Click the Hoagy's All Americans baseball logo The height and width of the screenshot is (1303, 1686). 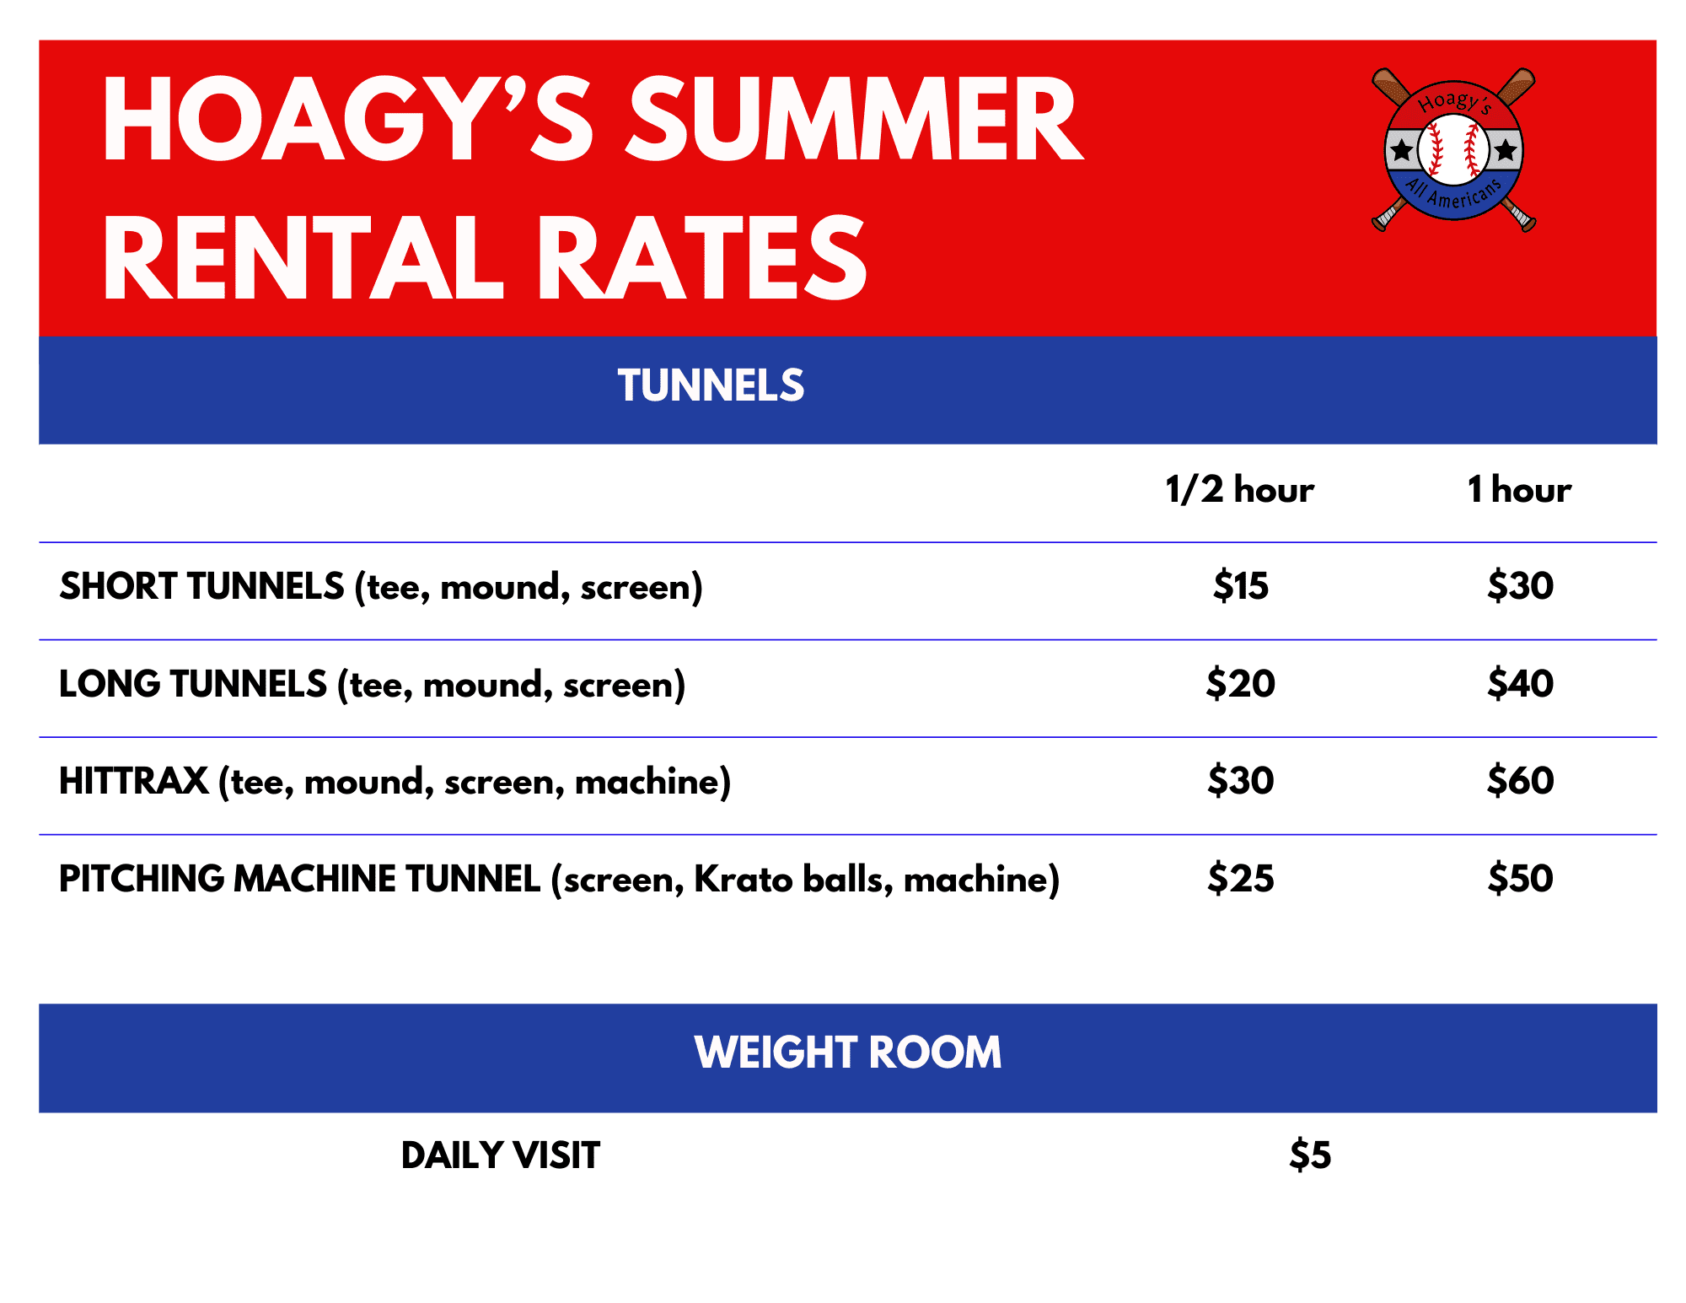[1453, 149]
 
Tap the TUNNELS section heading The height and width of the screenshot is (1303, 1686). [711, 385]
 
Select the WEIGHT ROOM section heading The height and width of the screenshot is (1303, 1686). [848, 1053]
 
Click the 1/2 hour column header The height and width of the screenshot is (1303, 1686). [1239, 490]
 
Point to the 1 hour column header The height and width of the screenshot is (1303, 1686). [1519, 490]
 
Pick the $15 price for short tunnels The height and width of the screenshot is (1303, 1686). [1240, 585]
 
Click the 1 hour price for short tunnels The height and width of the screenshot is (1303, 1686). [1520, 585]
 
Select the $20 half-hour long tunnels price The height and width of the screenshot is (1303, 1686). [1240, 683]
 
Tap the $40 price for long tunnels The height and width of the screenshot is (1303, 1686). [1520, 683]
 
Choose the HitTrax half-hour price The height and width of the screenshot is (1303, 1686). [1240, 780]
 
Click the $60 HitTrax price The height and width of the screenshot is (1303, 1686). [1520, 780]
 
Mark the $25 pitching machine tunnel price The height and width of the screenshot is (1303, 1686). [1240, 878]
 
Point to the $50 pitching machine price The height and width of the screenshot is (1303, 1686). [1520, 878]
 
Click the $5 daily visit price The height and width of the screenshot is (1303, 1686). [1310, 1155]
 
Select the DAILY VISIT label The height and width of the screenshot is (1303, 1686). [501, 1155]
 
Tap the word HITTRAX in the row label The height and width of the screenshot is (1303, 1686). [134, 781]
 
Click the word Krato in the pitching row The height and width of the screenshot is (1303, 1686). [743, 879]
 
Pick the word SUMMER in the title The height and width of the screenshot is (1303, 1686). [854, 119]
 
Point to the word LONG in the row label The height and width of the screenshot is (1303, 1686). [109, 684]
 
